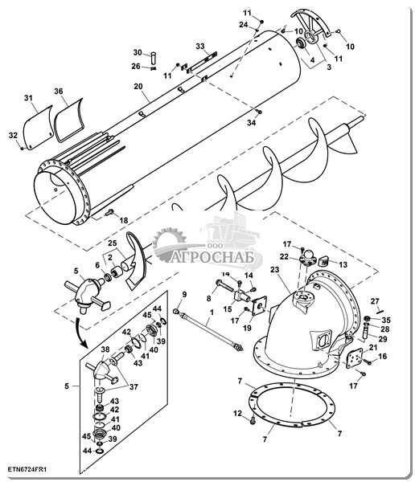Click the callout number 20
click(x=138, y=87)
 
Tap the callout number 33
click(x=200, y=47)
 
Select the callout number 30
click(x=138, y=52)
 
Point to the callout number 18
click(x=124, y=220)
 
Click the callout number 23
click(x=274, y=270)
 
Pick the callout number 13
click(x=343, y=264)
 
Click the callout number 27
click(x=375, y=301)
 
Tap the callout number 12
click(x=238, y=414)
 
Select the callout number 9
click(x=184, y=295)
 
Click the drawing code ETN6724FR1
click(x=27, y=469)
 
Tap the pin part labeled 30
click(x=154, y=58)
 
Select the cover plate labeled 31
click(x=38, y=128)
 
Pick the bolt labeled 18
click(x=109, y=212)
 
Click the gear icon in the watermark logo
click(x=169, y=241)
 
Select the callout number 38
click(x=105, y=349)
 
